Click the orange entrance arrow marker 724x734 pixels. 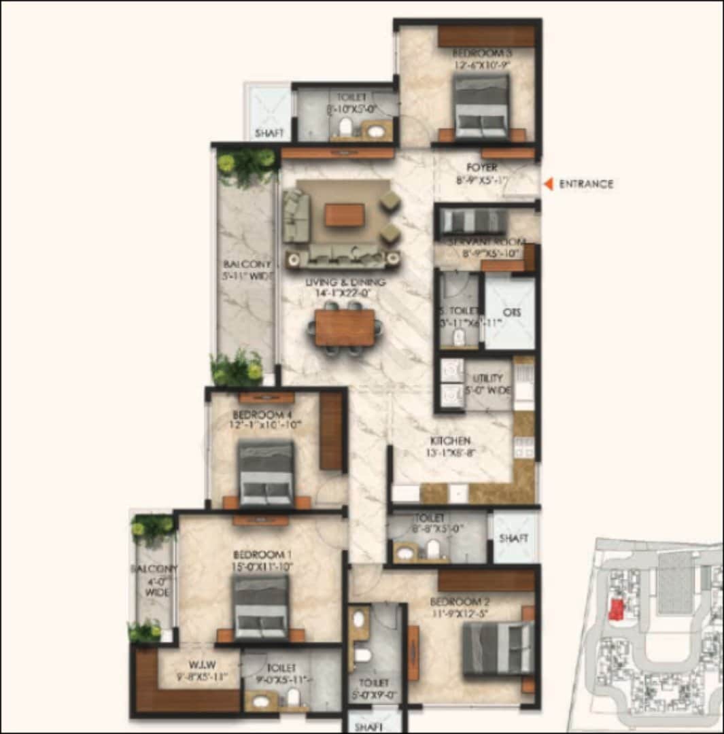[x=547, y=183]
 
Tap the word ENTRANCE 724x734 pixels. [x=586, y=183]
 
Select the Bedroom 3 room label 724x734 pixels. [x=482, y=54]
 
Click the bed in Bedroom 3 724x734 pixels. [x=481, y=107]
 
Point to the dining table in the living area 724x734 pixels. [x=345, y=328]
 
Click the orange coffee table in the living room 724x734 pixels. [x=345, y=215]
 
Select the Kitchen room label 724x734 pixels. [x=450, y=441]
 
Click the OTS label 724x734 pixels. [x=511, y=313]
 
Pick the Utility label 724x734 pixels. [x=489, y=379]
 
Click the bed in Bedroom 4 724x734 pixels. [x=266, y=472]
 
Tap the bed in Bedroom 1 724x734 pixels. [x=260, y=607]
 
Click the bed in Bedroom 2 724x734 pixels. [x=498, y=649]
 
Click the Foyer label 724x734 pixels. [x=482, y=167]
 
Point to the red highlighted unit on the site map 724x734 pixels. [x=616, y=610]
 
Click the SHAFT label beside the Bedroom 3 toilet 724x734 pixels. [x=269, y=133]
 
